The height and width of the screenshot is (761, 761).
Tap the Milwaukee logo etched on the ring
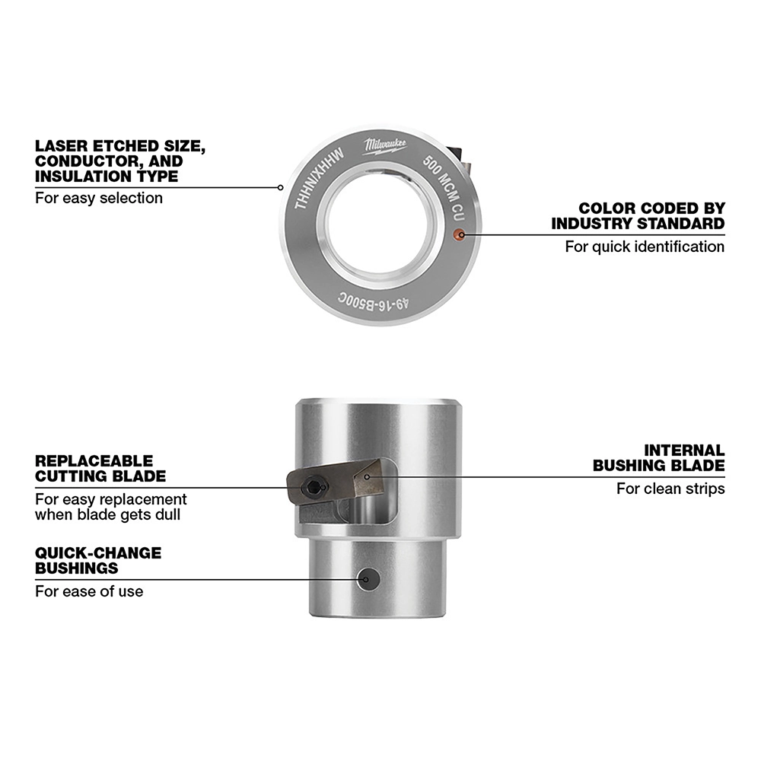384,145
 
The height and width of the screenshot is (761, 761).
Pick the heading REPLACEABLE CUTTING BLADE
100,469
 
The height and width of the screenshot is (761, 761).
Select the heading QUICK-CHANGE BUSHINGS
98,560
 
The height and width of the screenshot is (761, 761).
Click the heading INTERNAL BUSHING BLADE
658,458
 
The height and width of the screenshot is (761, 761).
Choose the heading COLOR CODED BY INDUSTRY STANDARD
638,215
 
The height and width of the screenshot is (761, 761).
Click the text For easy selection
99,198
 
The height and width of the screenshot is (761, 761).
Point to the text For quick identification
645,247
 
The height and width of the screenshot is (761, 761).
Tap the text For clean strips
670,489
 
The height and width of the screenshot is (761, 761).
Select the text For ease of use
89,591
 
